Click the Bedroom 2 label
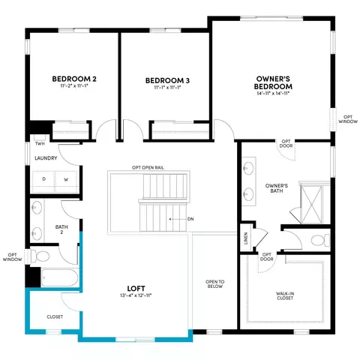point(74,79)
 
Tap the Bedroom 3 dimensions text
point(167,87)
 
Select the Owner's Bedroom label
point(273,82)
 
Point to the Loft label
point(136,289)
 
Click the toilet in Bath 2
point(40,256)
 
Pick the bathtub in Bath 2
point(60,277)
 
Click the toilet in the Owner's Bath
point(320,240)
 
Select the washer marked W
point(66,179)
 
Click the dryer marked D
point(44,179)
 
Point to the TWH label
point(40,143)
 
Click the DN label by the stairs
point(190,219)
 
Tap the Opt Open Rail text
point(148,167)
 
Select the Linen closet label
point(246,238)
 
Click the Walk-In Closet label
point(285,295)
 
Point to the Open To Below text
point(215,284)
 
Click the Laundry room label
point(46,158)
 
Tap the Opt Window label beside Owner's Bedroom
point(348,119)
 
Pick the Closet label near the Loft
point(55,316)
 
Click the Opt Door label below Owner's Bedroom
point(286,144)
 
